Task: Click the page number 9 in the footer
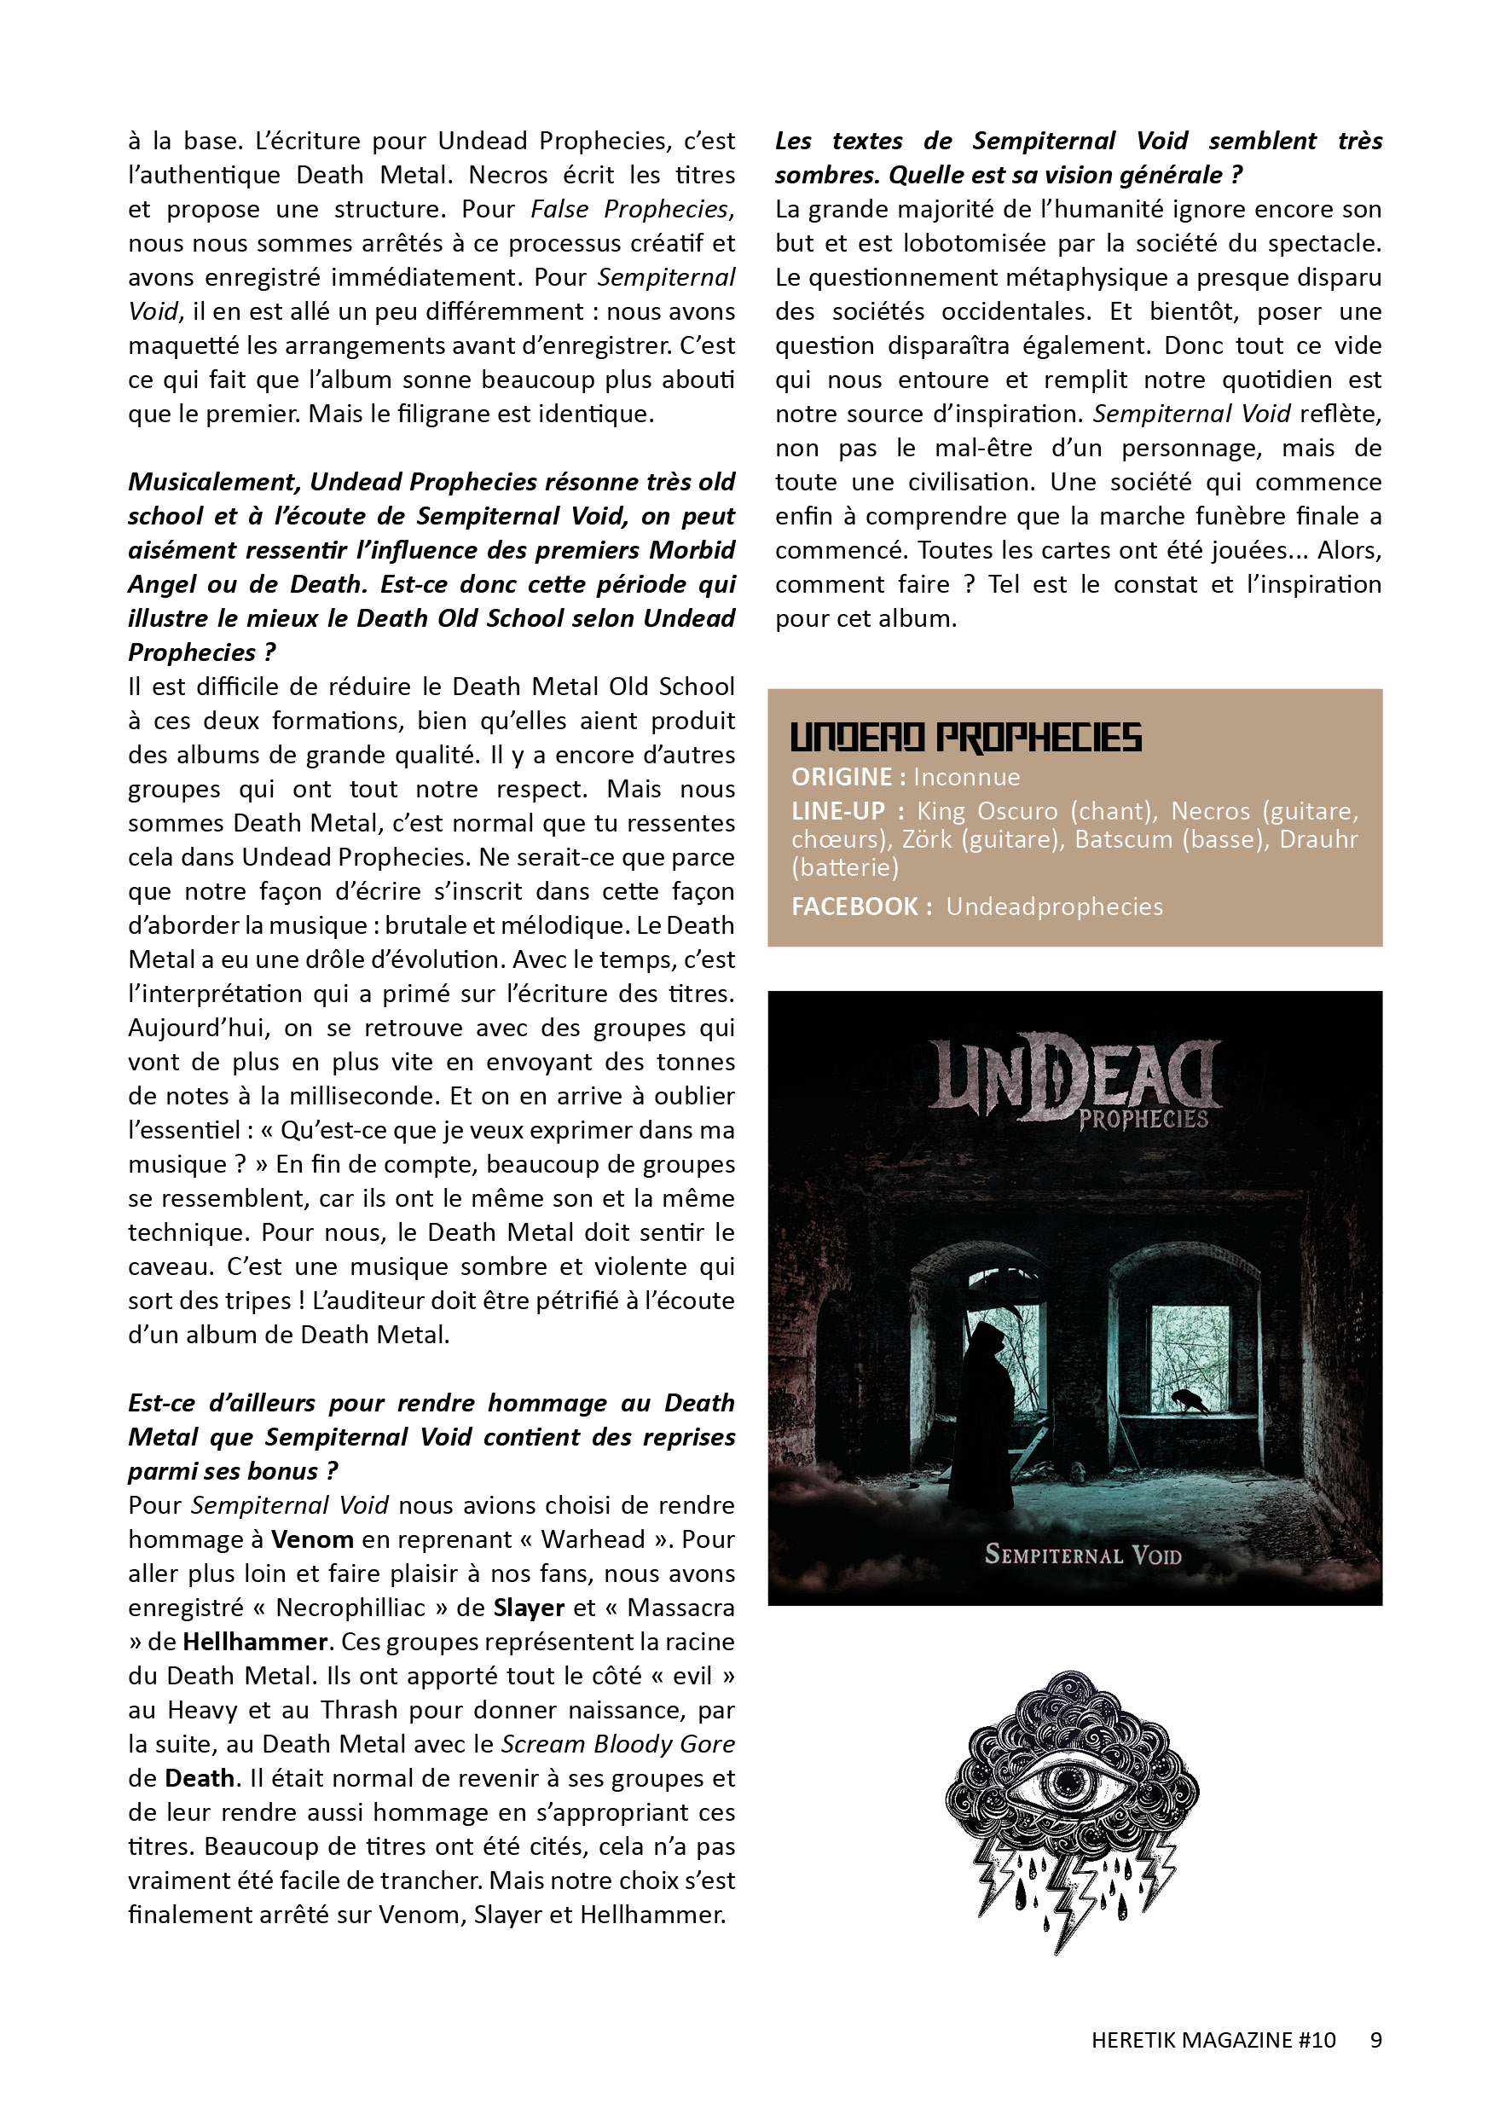click(1375, 2040)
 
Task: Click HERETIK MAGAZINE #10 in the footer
click(1213, 2040)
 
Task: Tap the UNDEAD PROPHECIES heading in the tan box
click(965, 737)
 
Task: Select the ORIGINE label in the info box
click(841, 777)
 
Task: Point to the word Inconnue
click(967, 777)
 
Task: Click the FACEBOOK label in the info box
click(854, 907)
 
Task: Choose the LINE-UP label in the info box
click(837, 811)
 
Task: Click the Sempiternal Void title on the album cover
click(1082, 1555)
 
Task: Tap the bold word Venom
click(312, 1540)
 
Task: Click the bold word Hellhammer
click(255, 1643)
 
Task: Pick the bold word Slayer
click(529, 1608)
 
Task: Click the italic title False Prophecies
click(632, 209)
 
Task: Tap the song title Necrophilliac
click(350, 1608)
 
